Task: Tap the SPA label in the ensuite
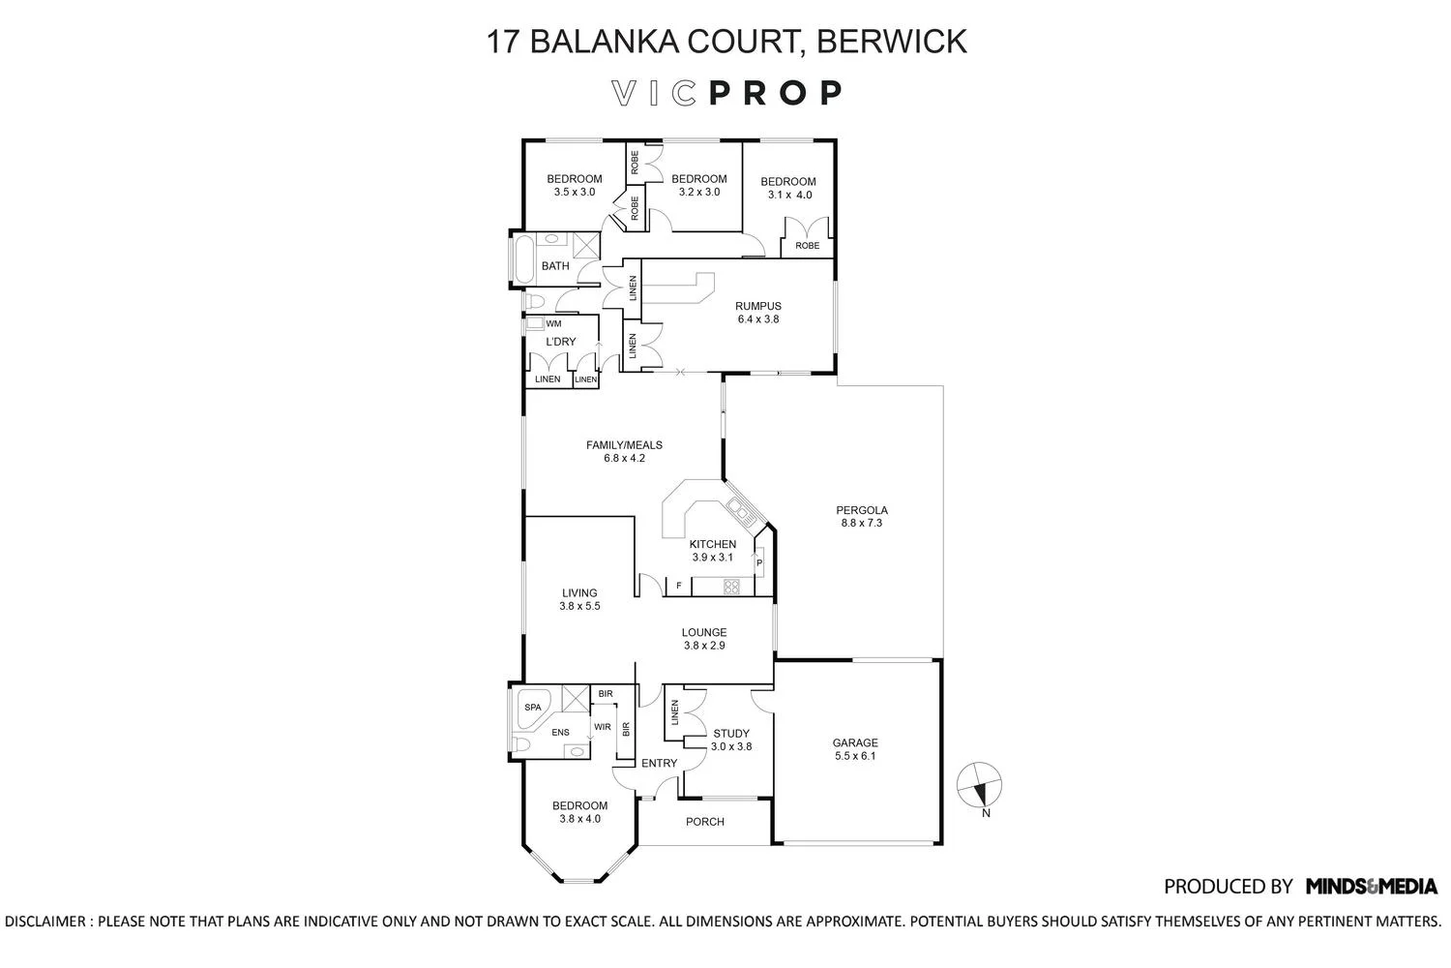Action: pyautogui.click(x=533, y=708)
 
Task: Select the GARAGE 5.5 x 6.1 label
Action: pyautogui.click(x=855, y=750)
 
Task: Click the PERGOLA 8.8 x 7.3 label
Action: pyautogui.click(x=862, y=517)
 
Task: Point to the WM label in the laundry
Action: pyautogui.click(x=554, y=324)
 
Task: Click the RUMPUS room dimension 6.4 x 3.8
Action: pyautogui.click(x=757, y=318)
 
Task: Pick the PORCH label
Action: pyautogui.click(x=704, y=822)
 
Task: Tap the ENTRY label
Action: pyautogui.click(x=660, y=764)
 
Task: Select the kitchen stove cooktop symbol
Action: pyautogui.click(x=731, y=586)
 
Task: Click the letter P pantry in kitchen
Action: pyautogui.click(x=759, y=563)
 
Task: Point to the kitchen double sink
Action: pyautogui.click(x=742, y=507)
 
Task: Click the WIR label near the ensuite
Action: pyautogui.click(x=602, y=726)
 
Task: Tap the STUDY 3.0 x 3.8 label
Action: pyautogui.click(x=731, y=741)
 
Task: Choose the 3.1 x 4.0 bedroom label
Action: pyautogui.click(x=788, y=188)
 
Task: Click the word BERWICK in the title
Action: pyautogui.click(x=891, y=42)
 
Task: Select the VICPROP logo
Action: pyautogui.click(x=726, y=93)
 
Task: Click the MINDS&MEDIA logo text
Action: pyautogui.click(x=1371, y=886)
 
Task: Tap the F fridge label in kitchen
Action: pyautogui.click(x=678, y=586)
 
